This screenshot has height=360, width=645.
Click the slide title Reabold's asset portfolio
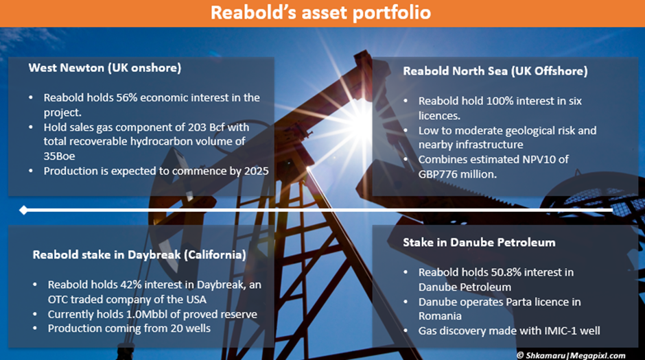tap(320, 12)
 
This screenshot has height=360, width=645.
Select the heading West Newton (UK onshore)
tap(105, 68)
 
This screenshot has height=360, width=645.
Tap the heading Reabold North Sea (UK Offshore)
tap(495, 71)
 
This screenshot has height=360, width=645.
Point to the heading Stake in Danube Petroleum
tap(479, 243)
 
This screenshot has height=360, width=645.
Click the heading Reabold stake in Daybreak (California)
tap(139, 255)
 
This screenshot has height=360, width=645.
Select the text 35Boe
tap(59, 156)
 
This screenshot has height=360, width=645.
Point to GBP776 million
tap(458, 174)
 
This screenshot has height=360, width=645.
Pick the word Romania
tap(440, 316)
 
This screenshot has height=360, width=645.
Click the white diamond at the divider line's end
tap(24, 210)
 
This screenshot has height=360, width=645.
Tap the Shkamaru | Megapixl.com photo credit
tap(571, 355)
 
